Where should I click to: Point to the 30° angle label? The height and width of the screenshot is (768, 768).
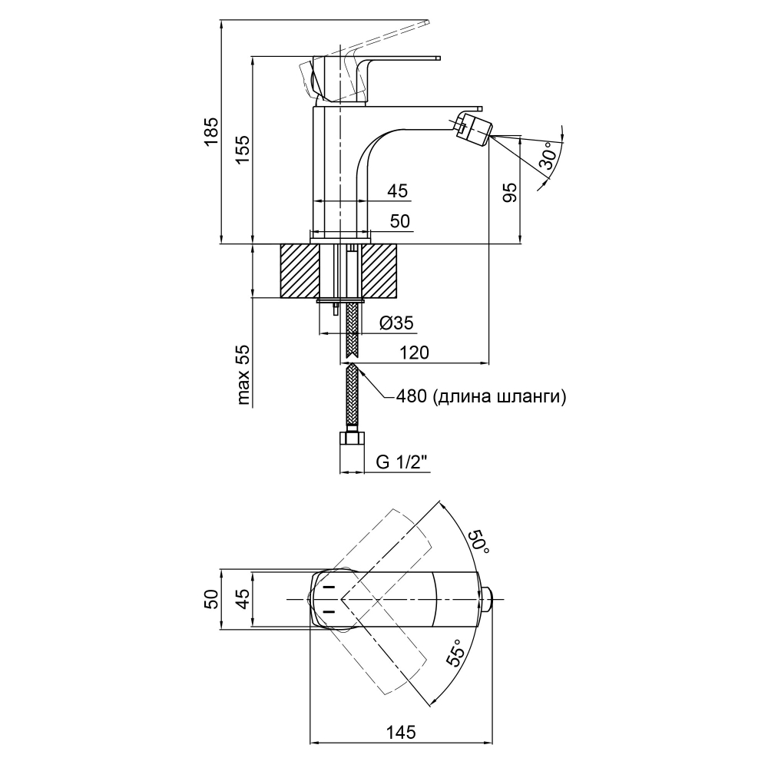coord(548,157)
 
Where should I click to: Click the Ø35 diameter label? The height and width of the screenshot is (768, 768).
coord(396,324)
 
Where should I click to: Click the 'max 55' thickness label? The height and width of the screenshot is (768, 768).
coord(243,375)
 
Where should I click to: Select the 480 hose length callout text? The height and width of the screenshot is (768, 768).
coord(482,396)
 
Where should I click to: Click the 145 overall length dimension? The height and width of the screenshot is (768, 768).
coord(400,732)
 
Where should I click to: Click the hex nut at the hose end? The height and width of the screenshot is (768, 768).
coord(353,439)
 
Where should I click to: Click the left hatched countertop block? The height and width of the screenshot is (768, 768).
coord(299,270)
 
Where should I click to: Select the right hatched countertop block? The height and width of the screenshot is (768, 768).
coord(382,270)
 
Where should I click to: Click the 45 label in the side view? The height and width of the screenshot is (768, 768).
coord(398,190)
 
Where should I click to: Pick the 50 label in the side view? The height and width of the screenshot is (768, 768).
coord(399,221)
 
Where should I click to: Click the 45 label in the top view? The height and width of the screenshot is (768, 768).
coord(243,600)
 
